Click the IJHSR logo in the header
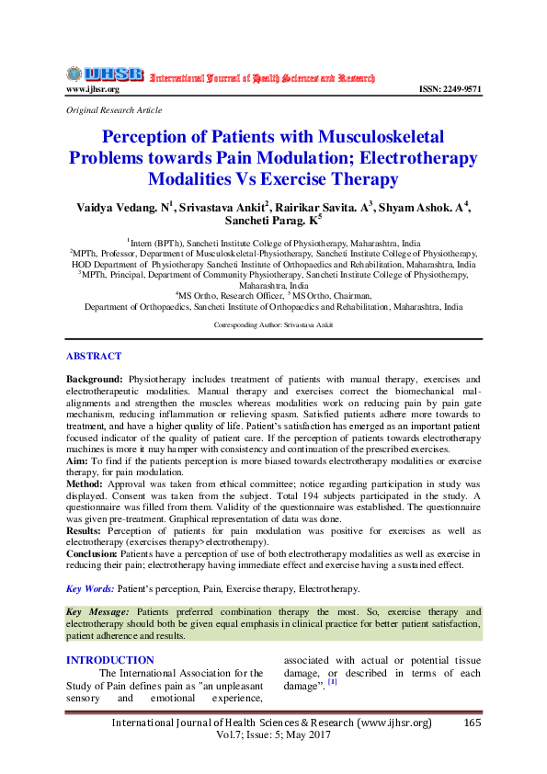(x=105, y=74)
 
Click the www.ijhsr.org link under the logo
(x=92, y=89)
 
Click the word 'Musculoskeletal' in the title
(x=366, y=138)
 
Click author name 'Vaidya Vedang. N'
(x=123, y=208)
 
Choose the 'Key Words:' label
(x=91, y=588)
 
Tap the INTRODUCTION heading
(x=109, y=660)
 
